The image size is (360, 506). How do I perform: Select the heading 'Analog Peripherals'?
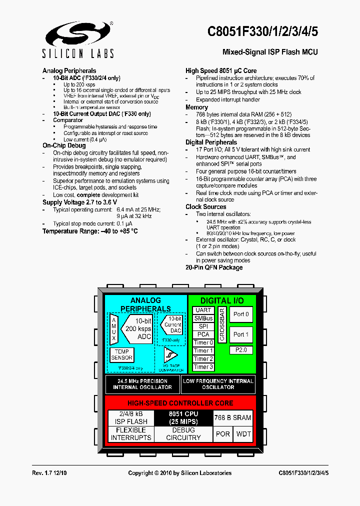[69, 70]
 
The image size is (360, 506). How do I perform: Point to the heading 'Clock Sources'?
[205, 206]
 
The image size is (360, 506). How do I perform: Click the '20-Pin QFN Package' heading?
[214, 267]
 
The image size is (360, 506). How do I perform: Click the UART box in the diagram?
[203, 310]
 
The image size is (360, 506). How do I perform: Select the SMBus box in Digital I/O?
[203, 318]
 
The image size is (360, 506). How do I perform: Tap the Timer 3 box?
[203, 367]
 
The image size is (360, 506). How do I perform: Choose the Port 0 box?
[241, 314]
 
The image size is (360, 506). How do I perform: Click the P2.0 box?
[241, 350]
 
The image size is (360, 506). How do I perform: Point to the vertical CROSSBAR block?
[222, 324]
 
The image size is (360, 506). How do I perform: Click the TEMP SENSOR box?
[121, 354]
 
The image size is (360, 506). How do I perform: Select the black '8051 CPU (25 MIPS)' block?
[183, 417]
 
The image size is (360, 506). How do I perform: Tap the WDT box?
[243, 433]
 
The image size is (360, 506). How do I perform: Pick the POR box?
[222, 433]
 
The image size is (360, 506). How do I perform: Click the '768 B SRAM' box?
[232, 417]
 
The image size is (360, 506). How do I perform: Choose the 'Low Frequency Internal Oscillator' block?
[218, 384]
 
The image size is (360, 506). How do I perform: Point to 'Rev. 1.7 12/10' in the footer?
[52, 473]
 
